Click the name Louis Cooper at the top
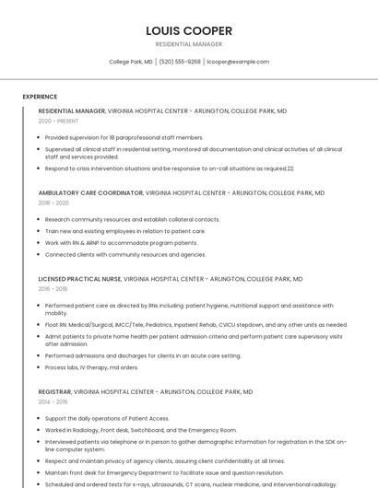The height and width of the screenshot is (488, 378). point(189,30)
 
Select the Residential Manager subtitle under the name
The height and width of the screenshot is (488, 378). point(189,44)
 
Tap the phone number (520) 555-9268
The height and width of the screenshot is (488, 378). point(180,62)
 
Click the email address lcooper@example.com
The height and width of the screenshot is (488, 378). point(238,62)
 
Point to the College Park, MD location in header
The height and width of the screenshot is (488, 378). point(131,62)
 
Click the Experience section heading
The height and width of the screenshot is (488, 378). point(40,97)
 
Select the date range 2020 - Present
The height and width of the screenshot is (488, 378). point(58,121)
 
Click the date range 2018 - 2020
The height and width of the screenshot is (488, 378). point(53,203)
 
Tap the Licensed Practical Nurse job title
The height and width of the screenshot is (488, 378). point(79,278)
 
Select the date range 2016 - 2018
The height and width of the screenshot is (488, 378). point(53,288)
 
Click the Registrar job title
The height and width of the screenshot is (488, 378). point(54,391)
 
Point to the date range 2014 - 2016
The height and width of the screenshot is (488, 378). point(53,401)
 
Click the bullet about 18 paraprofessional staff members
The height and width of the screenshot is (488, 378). point(124,137)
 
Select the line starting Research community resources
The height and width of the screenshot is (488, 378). point(133,219)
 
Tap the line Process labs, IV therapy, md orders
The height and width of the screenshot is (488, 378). point(91,367)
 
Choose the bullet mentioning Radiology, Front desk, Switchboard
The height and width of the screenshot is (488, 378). point(141,430)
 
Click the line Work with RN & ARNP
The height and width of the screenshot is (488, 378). point(121,243)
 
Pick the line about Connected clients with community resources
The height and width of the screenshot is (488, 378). point(125,255)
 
